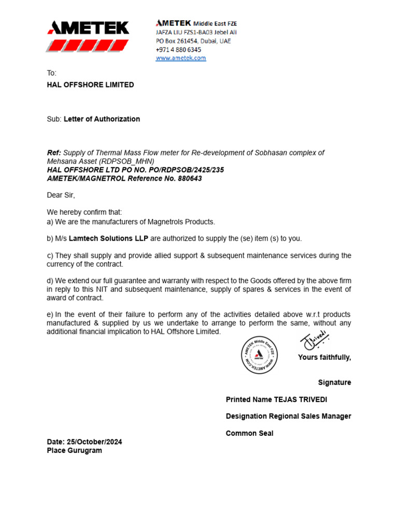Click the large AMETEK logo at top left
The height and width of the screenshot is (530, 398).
coord(88,36)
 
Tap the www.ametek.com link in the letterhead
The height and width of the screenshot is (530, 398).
coord(181,58)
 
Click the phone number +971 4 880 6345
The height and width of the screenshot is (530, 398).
coord(178,49)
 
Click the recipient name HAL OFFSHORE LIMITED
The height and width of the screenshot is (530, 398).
coord(90,85)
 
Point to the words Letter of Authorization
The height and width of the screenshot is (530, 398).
coord(102,119)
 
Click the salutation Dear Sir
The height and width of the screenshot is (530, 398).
coord(61,195)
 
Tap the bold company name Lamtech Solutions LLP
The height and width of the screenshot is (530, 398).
coord(108,239)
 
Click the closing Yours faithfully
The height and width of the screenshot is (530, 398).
coord(324,357)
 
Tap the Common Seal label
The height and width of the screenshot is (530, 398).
coord(249,433)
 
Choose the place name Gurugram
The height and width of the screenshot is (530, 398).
coord(85,450)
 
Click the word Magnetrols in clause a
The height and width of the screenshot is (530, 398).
coord(159,222)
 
